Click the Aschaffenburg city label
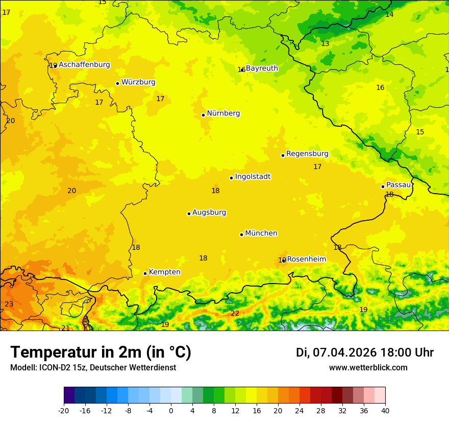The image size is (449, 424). pyautogui.click(x=84, y=65)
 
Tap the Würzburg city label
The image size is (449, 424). pyautogui.click(x=138, y=82)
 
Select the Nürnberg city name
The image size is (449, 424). pyautogui.click(x=223, y=113)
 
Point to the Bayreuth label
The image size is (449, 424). pyautogui.click(x=262, y=68)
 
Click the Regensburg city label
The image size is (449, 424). pyautogui.click(x=307, y=154)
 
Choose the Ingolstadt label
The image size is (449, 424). pyautogui.click(x=253, y=177)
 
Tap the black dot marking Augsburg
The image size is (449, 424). pyautogui.click(x=189, y=214)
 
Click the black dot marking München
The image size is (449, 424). pyautogui.click(x=241, y=234)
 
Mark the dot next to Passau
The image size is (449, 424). pyautogui.click(x=383, y=186)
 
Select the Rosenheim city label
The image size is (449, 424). pyautogui.click(x=306, y=260)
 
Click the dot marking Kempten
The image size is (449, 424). pyautogui.click(x=145, y=273)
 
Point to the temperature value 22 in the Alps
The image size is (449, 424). pyautogui.click(x=235, y=313)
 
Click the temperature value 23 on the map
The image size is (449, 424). pyautogui.click(x=9, y=304)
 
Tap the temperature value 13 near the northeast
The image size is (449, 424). pyautogui.click(x=325, y=44)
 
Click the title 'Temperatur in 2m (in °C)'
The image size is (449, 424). pyautogui.click(x=101, y=352)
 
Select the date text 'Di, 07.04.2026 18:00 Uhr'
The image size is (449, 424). pyautogui.click(x=365, y=352)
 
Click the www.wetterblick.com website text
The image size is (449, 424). pyautogui.click(x=368, y=368)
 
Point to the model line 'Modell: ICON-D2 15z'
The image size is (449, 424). pyautogui.click(x=93, y=368)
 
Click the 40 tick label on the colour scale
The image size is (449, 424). pyautogui.click(x=385, y=410)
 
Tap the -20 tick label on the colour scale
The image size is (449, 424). pyautogui.click(x=64, y=410)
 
